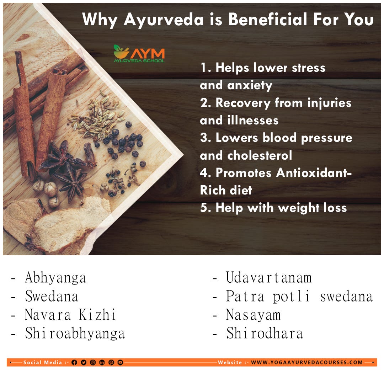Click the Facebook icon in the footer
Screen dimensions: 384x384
74,362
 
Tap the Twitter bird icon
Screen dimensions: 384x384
83,362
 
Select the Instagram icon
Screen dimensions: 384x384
92,362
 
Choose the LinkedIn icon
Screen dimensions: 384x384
102,362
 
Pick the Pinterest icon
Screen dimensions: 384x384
111,362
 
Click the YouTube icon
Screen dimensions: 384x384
120,362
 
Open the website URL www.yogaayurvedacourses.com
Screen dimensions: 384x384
307,362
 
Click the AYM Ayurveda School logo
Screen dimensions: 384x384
139,54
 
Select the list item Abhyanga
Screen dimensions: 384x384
55,278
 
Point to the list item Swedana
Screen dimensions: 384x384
52,296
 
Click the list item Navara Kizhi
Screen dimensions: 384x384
70,315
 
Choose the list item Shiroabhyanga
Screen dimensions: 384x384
75,334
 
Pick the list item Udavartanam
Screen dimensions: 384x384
269,278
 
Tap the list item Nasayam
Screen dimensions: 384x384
253,315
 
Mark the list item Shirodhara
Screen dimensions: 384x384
265,334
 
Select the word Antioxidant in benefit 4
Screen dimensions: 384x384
284,173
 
